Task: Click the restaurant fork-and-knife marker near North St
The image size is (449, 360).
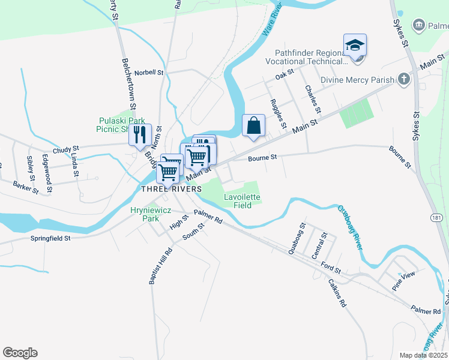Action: click(140, 134)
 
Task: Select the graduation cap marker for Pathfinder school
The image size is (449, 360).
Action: click(355, 45)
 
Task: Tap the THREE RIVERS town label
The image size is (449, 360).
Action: click(167, 189)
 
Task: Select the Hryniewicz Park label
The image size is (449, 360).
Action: click(146, 215)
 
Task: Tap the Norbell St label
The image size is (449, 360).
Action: click(149, 73)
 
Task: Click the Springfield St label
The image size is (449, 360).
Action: click(50, 238)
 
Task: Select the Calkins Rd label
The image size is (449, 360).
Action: click(337, 294)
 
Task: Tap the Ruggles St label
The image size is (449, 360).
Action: click(278, 113)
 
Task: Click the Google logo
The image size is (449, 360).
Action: click(20, 353)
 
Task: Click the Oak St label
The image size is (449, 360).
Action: click(284, 74)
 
